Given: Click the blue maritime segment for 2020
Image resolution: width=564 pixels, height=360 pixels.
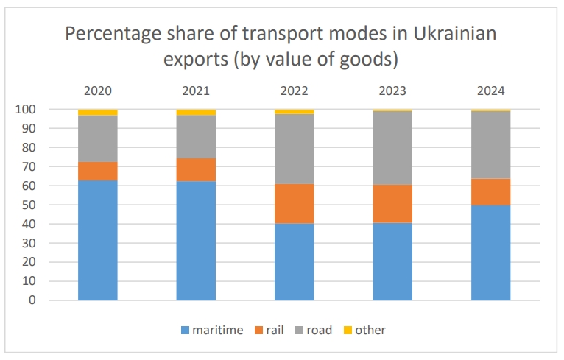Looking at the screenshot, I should click(x=98, y=240).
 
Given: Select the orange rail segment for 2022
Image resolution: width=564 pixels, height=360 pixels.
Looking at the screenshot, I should click(x=295, y=204).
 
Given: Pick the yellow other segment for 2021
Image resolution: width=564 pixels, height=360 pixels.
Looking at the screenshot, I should click(x=196, y=112).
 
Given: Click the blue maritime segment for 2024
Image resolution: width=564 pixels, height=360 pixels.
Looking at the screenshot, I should click(x=491, y=253).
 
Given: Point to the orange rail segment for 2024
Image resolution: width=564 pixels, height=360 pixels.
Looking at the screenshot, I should click(x=491, y=191).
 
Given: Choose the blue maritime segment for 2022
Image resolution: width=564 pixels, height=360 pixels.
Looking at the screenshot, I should click(x=295, y=261).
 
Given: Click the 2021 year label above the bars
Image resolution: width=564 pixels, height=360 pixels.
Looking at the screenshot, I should click(x=196, y=92).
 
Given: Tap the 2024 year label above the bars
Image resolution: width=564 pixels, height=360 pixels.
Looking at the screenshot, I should click(x=491, y=92).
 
